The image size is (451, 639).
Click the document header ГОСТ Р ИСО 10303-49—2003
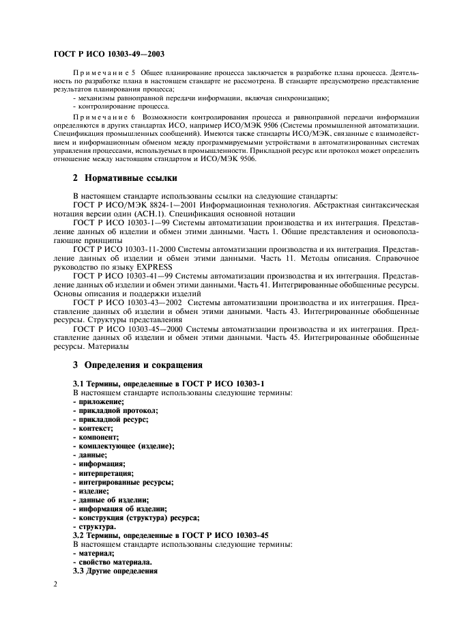point(109,53)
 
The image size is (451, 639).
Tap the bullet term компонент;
point(98,437)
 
